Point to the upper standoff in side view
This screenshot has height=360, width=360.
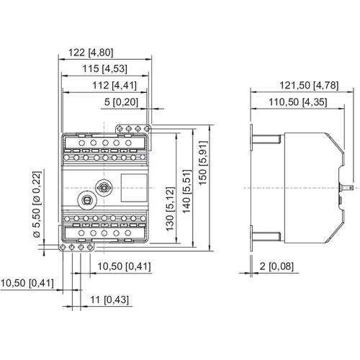pyautogui.click(x=267, y=141)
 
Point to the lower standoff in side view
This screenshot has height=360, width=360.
pyautogui.click(x=267, y=233)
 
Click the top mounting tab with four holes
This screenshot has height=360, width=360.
pyautogui.click(x=133, y=128)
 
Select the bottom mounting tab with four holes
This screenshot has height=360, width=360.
pyautogui.click(x=76, y=246)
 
